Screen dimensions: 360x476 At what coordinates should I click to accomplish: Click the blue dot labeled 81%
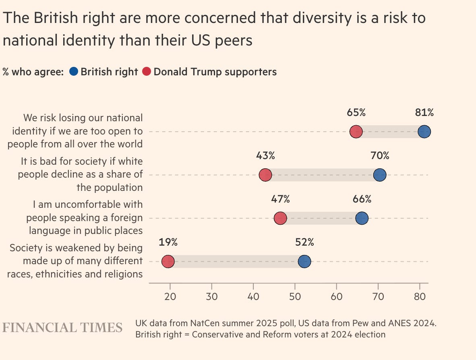[x=424, y=132]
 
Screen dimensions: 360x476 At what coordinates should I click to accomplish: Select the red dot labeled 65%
[x=356, y=132]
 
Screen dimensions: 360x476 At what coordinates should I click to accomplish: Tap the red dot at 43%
[x=265, y=175]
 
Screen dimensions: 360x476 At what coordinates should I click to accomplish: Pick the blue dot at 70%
[x=380, y=175]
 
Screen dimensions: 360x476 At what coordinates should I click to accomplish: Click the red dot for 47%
[x=280, y=218]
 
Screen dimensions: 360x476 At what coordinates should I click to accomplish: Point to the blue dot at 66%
[x=362, y=218]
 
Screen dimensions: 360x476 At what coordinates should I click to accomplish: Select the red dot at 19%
[x=168, y=262]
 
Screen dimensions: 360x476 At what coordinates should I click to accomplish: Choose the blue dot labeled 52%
[x=304, y=262]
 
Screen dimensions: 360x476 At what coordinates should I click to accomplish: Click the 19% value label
[x=168, y=242]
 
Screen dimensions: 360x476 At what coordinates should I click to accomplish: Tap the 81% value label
[x=424, y=113]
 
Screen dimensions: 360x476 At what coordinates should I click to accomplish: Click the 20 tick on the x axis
[x=170, y=297]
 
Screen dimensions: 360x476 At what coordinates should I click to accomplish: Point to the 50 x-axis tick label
[x=295, y=297]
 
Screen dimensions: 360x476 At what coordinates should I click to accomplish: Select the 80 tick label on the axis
[x=420, y=297]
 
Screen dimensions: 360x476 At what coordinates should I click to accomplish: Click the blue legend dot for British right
[x=73, y=72]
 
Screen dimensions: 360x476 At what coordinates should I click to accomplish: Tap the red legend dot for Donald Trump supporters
[x=147, y=72]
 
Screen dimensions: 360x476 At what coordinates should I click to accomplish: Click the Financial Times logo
[x=62, y=327]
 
